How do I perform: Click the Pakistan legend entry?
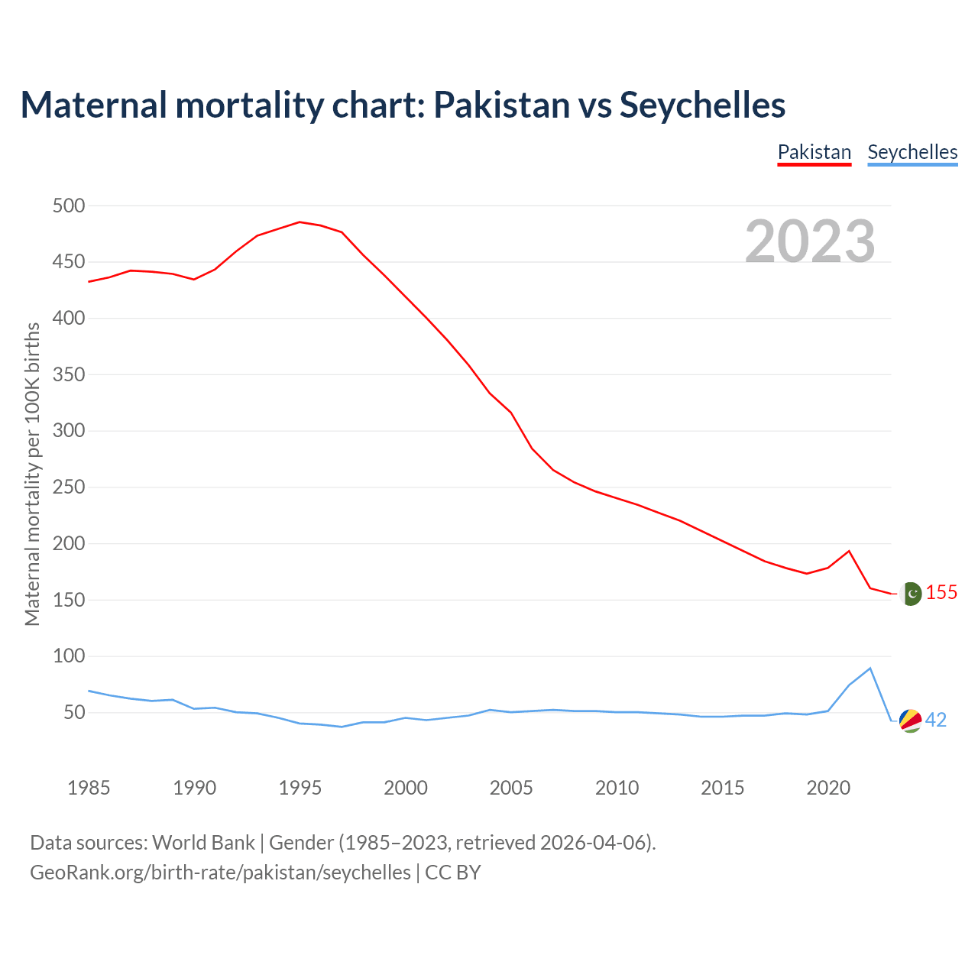tap(814, 152)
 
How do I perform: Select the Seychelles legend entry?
tap(912, 152)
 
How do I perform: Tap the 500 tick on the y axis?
tap(69, 206)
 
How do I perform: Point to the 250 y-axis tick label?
tap(69, 487)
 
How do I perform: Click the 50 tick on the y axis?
tap(73, 713)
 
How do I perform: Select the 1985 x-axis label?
tap(89, 788)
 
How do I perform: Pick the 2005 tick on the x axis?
tap(511, 788)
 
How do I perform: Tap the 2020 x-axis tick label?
tap(828, 788)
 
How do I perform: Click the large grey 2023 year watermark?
tap(810, 241)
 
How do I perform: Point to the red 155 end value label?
tap(941, 593)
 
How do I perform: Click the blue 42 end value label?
tap(936, 721)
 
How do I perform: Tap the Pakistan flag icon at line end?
tap(911, 594)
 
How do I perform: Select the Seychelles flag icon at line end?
tap(911, 721)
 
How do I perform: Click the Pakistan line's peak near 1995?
tap(300, 222)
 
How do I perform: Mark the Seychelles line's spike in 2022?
tap(870, 669)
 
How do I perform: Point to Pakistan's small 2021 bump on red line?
tap(849, 551)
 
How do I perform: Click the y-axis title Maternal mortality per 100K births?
tap(32, 474)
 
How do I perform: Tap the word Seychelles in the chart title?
tap(702, 105)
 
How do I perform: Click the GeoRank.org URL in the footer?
tap(220, 873)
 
